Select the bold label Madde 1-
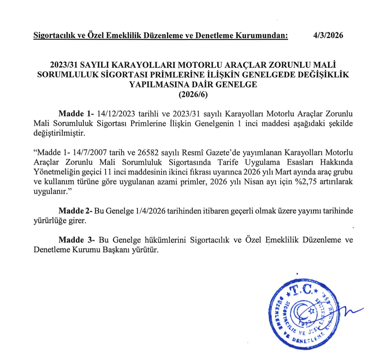click(x=77, y=114)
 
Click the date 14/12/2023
click(x=115, y=114)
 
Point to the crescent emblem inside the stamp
click(x=306, y=313)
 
